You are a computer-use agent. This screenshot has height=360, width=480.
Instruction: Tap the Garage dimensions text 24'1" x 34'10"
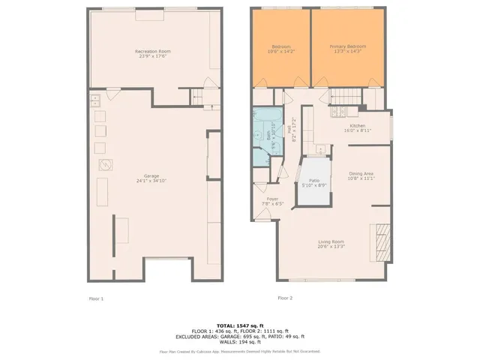coord(152,181)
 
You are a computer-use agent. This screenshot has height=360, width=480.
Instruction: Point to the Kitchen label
coord(358,125)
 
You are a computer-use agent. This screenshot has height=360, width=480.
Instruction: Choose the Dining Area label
coord(361,173)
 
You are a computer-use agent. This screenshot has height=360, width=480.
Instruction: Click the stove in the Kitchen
coord(334,113)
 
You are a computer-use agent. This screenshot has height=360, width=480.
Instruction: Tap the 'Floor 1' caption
coord(96,298)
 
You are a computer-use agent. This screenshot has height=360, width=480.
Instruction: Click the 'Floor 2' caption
coord(285,298)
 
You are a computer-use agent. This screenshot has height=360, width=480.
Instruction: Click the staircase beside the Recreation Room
coord(199,96)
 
